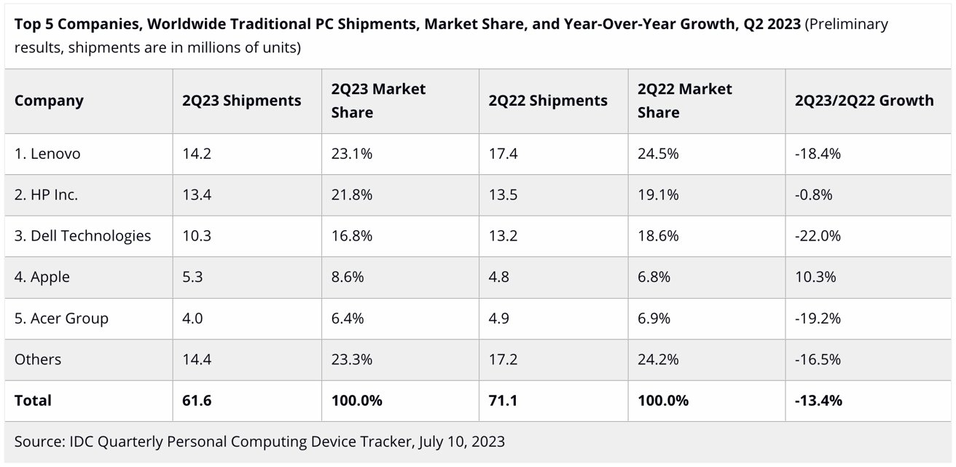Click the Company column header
[x=49, y=101]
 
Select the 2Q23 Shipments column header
[x=241, y=101]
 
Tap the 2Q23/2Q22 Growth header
[x=864, y=101]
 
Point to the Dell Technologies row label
[x=83, y=235]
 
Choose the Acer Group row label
[x=61, y=318]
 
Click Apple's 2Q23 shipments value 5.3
[x=193, y=277]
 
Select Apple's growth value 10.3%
[x=815, y=277]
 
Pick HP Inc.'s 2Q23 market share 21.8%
[x=352, y=195]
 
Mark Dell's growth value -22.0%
[x=818, y=235]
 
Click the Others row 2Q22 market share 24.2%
[x=658, y=359]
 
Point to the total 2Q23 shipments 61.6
[x=197, y=401]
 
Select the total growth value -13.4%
[x=818, y=401]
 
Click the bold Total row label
[x=33, y=401]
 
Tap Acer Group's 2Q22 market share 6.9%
[x=654, y=318]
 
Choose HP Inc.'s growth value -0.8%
[x=814, y=195]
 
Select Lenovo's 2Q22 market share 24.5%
[x=658, y=154]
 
